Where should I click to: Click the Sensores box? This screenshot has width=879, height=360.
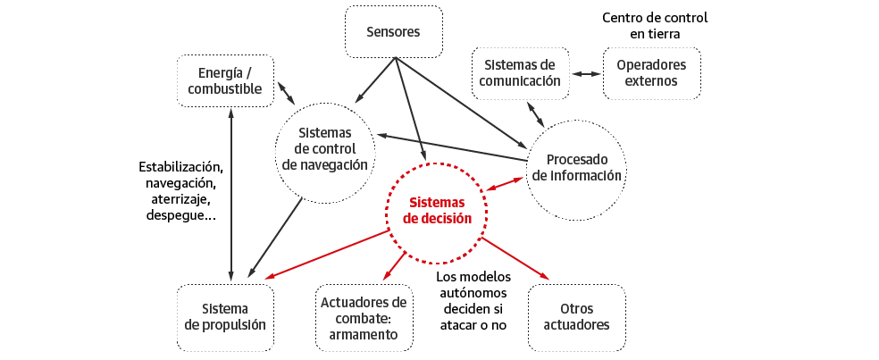point(393,33)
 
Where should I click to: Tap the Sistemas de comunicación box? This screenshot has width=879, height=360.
point(520,73)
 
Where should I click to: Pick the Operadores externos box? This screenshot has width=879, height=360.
point(651,73)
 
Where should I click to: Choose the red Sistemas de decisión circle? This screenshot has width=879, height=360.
point(436,212)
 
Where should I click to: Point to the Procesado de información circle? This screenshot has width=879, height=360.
point(576,167)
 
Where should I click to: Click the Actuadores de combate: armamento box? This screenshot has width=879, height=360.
point(364,318)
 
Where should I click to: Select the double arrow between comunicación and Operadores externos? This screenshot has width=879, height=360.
point(586,74)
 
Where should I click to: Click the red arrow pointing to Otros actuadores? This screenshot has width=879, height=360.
point(515,258)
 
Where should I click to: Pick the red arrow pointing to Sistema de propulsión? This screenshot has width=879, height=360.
point(327,254)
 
